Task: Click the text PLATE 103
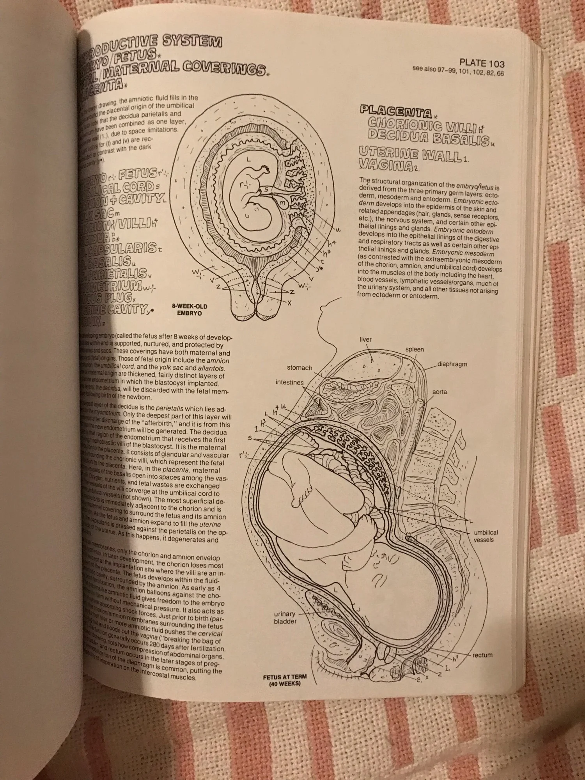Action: click(482, 63)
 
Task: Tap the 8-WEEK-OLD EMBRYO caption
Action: click(190, 310)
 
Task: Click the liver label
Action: click(366, 340)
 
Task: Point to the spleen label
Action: click(415, 349)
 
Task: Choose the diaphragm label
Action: click(452, 364)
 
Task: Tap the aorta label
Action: click(440, 392)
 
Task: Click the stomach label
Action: click(300, 368)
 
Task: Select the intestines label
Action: click(289, 383)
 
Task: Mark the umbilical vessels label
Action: click(486, 536)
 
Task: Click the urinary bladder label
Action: click(285, 618)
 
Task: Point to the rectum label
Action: click(482, 655)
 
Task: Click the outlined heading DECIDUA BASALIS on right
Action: click(429, 138)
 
